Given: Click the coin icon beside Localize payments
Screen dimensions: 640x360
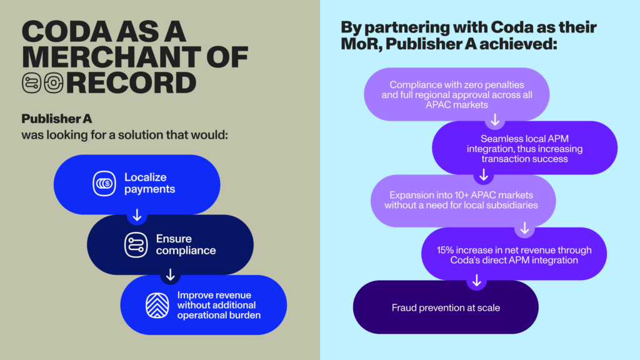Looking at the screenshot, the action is (x=104, y=183).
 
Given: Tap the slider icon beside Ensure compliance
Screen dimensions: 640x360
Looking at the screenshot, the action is (x=136, y=245).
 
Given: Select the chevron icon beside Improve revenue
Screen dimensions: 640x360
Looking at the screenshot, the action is (x=157, y=305).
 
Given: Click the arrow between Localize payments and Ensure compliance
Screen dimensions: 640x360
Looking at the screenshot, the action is (x=137, y=215).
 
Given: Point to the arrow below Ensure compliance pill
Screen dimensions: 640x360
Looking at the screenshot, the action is (x=170, y=274).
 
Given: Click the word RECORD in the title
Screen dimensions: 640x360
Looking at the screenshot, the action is (x=131, y=83).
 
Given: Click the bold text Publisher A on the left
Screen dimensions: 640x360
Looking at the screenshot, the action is (x=57, y=119).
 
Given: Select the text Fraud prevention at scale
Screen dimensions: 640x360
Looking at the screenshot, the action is (x=446, y=307).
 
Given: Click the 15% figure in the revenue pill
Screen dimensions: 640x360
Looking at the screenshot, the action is (x=445, y=250).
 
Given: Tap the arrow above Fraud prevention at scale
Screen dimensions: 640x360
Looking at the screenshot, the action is (x=476, y=281).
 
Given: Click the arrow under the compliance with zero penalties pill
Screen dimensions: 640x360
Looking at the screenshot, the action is (x=495, y=119).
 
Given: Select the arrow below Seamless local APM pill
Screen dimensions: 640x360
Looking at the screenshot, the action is (x=484, y=174).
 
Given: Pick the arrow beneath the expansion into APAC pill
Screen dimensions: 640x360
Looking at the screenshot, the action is (x=525, y=227).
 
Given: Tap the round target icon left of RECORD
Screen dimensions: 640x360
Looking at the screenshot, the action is (x=54, y=83).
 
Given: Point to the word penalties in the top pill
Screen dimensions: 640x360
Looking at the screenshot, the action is (x=506, y=85).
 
